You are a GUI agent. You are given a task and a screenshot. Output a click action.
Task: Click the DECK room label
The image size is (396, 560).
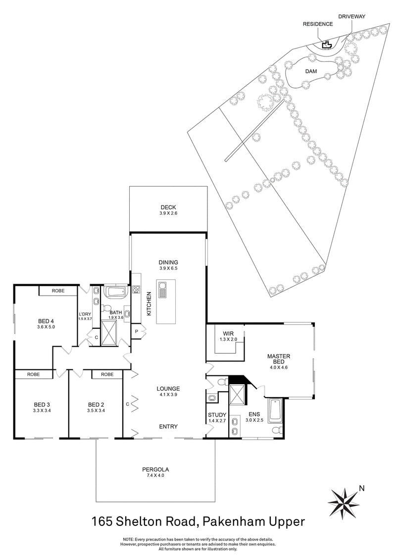(168, 207)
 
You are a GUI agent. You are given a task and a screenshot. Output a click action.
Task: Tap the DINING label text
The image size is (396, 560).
(168, 262)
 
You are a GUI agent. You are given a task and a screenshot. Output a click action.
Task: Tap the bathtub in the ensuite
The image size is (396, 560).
(273, 410)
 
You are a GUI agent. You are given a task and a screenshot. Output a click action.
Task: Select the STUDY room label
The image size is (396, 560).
(217, 414)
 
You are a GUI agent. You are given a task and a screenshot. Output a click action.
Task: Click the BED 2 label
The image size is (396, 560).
(96, 404)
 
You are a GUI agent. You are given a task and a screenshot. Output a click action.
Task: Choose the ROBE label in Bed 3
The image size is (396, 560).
(34, 375)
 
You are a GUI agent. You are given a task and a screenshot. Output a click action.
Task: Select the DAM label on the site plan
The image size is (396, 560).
(310, 71)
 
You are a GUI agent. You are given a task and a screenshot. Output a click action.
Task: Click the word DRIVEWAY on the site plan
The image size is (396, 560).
(351, 16)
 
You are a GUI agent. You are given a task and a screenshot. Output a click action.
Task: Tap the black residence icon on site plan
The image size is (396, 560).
(326, 46)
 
